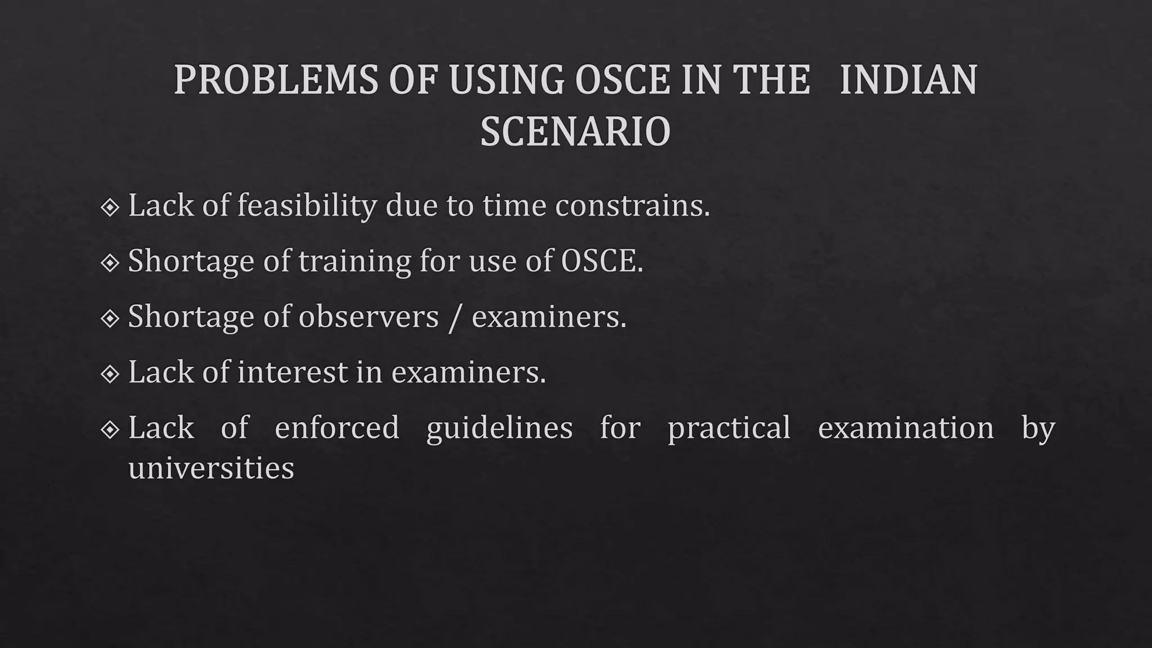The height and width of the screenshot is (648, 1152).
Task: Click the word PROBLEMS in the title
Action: click(x=276, y=80)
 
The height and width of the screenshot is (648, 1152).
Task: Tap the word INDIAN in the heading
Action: click(x=908, y=80)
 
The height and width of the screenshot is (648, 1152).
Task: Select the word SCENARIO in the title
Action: click(x=575, y=132)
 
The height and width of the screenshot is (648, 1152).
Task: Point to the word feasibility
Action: click(x=307, y=205)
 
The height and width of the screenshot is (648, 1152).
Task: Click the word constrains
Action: click(x=632, y=205)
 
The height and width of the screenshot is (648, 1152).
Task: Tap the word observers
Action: click(x=368, y=317)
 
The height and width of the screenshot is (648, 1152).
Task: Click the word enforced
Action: click(x=336, y=427)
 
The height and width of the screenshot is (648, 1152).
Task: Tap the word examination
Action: click(x=906, y=427)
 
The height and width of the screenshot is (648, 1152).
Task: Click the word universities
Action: click(x=211, y=468)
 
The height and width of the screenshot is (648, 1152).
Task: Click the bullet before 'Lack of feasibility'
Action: click(x=110, y=208)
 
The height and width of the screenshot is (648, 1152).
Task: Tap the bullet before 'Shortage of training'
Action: click(x=110, y=263)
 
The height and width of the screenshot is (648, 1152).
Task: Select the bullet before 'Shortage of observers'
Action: click(x=110, y=318)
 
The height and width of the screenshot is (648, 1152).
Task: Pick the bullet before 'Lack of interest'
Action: click(x=110, y=373)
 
